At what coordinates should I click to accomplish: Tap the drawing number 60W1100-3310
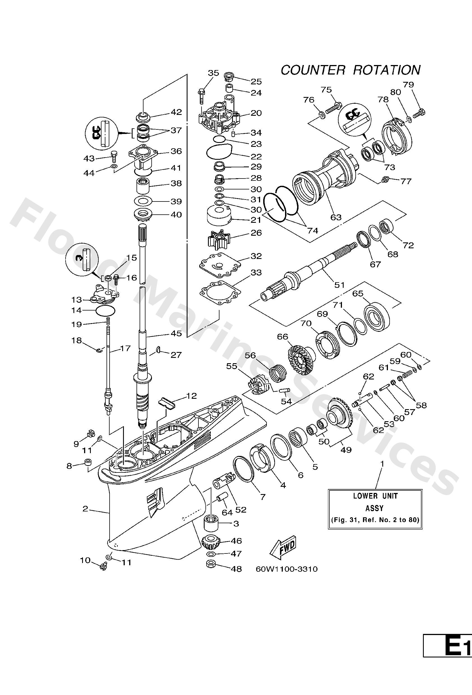pos(286,569)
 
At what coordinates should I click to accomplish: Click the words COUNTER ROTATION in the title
pos(351,70)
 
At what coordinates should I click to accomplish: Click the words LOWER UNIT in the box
pos(375,496)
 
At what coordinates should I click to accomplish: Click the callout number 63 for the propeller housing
pos(336,217)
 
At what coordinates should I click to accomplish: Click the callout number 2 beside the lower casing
pos(85,508)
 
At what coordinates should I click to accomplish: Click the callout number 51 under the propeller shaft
pos(339,285)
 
